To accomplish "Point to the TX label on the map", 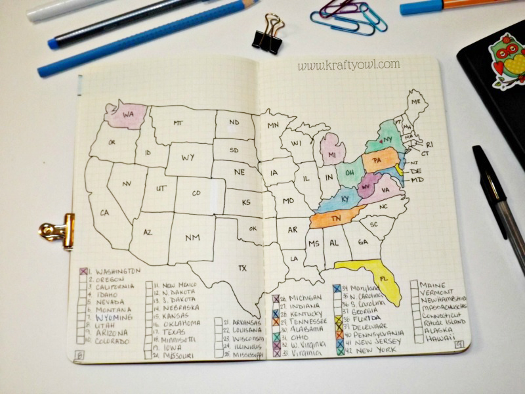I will (242, 268).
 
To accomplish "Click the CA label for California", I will (104, 212).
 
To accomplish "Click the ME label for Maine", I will (415, 102).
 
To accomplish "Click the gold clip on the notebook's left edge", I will (58, 230).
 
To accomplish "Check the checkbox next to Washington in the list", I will (84, 271).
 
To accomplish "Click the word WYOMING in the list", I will (115, 317).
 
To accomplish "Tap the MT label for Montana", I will (178, 123).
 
